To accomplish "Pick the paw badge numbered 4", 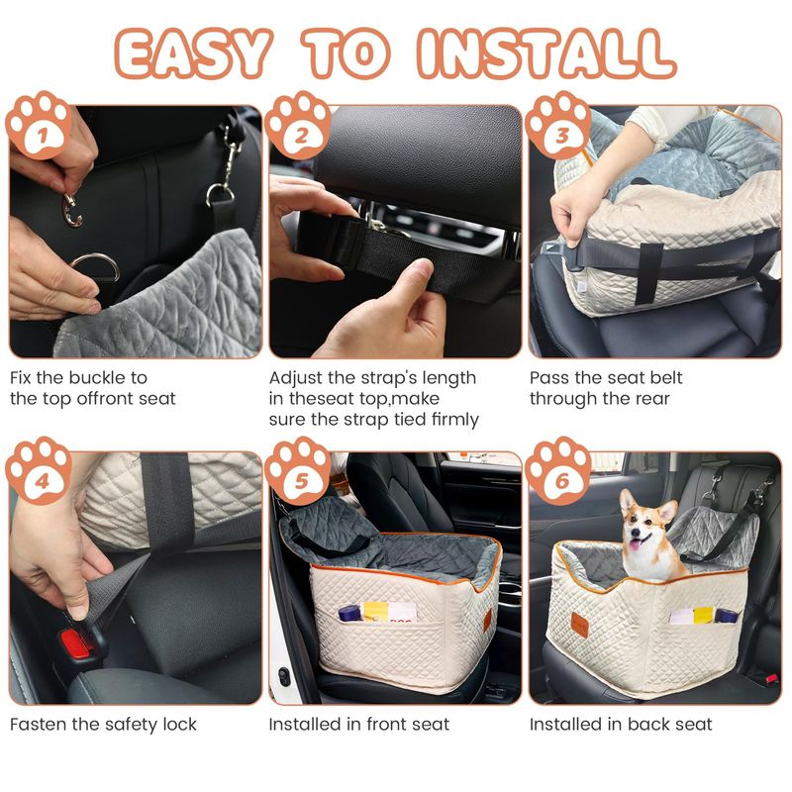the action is point(40,471).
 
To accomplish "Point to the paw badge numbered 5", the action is point(299,471).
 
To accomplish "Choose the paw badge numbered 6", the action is point(558,471).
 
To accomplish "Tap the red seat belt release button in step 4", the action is point(76,643).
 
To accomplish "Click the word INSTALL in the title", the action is point(546,54).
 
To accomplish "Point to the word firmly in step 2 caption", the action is point(455,420).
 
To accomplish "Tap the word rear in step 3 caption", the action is point(652,399).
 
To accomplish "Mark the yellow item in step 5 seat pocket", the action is point(375,611).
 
